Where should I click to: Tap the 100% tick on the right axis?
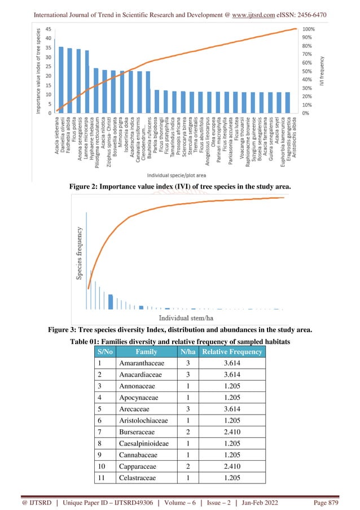click(x=309, y=29)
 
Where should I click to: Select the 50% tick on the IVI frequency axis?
click(x=308, y=71)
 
